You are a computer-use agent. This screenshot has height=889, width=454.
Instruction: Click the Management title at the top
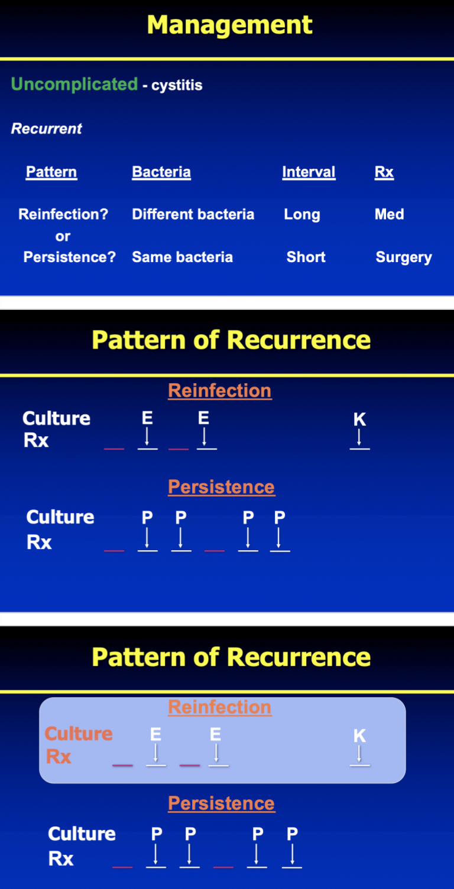tap(229, 25)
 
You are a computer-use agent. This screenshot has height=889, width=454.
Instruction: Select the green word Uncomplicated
tap(74, 84)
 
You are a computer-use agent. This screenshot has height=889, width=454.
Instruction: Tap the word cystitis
tap(177, 86)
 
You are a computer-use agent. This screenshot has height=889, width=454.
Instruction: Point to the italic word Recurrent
tap(46, 129)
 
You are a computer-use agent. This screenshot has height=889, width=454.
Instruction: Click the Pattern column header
tap(51, 172)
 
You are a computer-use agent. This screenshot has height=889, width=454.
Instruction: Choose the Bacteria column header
tap(161, 172)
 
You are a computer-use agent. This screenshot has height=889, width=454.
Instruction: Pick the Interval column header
tap(309, 172)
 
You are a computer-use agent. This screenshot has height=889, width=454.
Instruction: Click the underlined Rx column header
tap(384, 172)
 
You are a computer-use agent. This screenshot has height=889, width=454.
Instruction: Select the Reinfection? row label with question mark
tap(63, 214)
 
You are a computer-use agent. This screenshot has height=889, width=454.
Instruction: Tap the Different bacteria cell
tap(193, 214)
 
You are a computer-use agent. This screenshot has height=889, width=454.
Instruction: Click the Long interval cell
tap(301, 214)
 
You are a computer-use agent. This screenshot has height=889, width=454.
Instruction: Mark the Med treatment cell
tap(389, 214)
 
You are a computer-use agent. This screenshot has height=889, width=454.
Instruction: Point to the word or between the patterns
tap(63, 236)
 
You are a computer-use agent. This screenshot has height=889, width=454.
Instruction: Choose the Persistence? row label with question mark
tap(69, 257)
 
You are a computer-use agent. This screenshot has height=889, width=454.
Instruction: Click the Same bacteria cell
tap(182, 257)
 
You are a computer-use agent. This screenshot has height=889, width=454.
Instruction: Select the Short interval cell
tap(306, 257)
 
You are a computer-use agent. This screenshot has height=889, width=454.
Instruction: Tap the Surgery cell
tap(404, 257)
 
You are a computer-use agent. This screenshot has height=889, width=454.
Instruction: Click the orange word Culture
tap(79, 734)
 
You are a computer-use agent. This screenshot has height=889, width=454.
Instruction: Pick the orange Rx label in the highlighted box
tap(59, 756)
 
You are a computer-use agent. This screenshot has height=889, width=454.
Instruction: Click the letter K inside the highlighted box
tap(359, 736)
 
